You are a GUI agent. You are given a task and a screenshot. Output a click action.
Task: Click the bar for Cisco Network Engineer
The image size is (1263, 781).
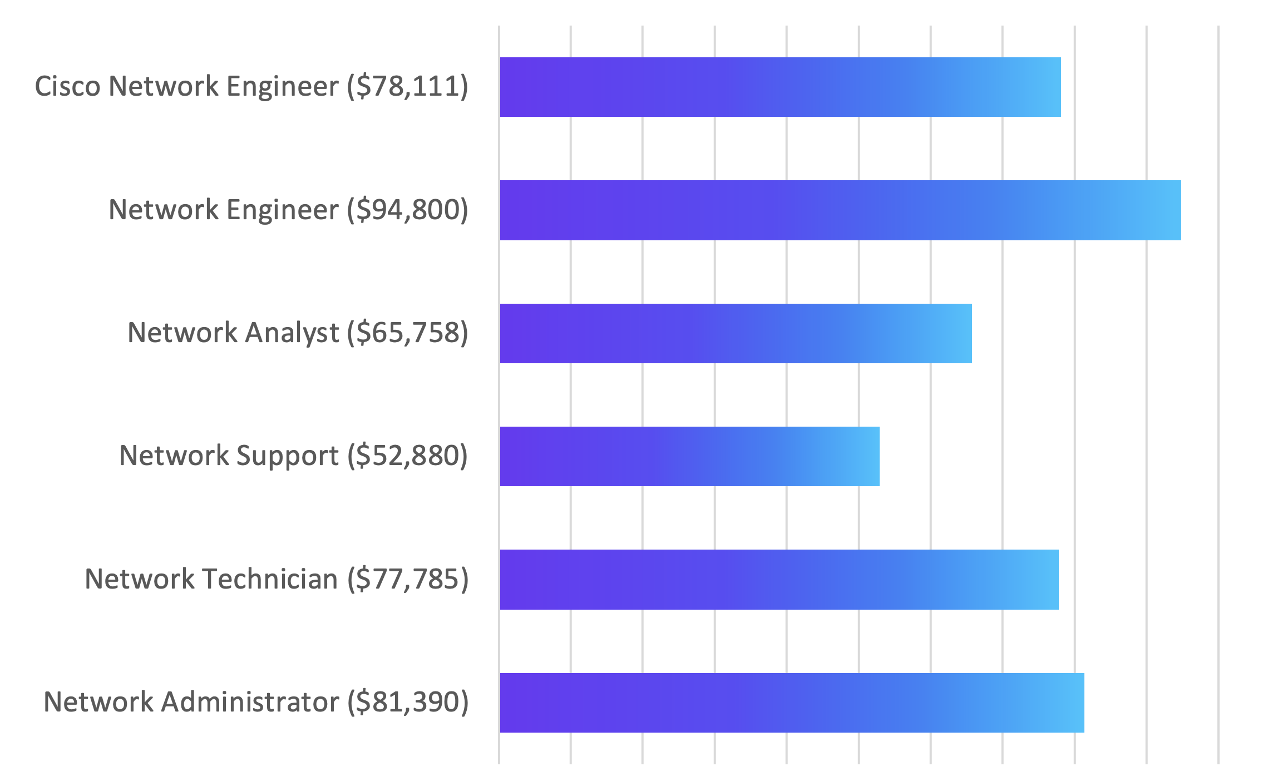click(779, 87)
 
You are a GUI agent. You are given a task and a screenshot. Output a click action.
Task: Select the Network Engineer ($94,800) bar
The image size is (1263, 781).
click(835, 210)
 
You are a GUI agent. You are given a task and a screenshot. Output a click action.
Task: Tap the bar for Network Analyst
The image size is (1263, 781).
click(734, 333)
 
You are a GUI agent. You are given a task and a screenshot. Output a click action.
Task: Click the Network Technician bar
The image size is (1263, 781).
click(779, 580)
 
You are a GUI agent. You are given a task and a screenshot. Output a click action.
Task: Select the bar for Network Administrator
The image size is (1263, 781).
click(790, 703)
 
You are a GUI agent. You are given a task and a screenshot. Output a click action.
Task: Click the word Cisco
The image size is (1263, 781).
click(67, 87)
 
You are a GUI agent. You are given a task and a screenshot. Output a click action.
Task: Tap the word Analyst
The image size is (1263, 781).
click(292, 334)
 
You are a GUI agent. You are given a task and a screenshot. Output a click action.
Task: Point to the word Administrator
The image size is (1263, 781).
click(250, 703)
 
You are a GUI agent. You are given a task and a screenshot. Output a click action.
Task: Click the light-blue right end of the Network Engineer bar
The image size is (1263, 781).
click(1168, 210)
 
